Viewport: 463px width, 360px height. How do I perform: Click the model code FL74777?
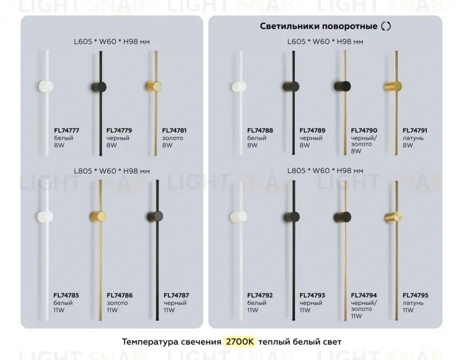pos(66,131)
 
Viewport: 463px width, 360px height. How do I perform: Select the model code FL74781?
pos(174,131)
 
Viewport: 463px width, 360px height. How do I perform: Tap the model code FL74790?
pos(364,131)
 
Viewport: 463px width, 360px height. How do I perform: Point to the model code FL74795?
pos(416,295)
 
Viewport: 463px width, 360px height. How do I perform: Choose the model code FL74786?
pos(119,295)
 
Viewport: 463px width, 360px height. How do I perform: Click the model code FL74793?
pos(312,295)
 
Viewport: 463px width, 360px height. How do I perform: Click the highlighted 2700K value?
pos(240,342)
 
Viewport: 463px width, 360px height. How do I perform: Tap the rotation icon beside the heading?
pos(386,26)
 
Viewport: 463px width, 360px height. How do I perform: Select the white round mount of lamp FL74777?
pos(46,86)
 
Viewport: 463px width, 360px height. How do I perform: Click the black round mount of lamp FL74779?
pos(99,87)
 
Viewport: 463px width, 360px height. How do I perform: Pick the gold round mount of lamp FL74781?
pos(154,86)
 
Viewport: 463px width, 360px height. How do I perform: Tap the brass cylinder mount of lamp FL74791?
pos(393,86)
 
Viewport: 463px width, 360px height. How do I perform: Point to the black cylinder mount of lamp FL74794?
pos(343,217)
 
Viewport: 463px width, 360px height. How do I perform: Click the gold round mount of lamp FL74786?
pos(98,216)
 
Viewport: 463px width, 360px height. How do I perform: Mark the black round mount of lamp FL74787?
pos(156,217)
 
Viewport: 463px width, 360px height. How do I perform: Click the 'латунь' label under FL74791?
pos(413,138)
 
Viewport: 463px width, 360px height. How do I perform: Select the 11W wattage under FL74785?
pos(59,310)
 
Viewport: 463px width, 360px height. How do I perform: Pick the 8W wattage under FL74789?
pos(305,145)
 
